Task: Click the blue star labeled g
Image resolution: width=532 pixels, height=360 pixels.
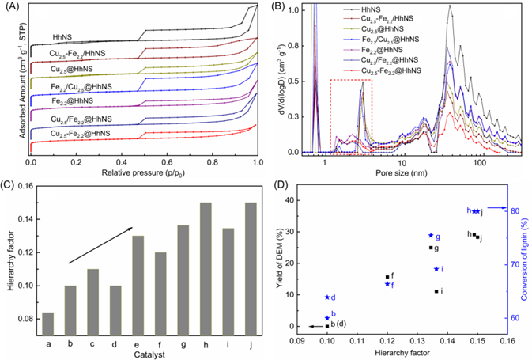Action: (x=431, y=236)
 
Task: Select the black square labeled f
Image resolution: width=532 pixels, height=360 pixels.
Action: (x=387, y=277)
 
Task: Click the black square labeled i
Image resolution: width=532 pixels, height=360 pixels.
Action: (x=436, y=291)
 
